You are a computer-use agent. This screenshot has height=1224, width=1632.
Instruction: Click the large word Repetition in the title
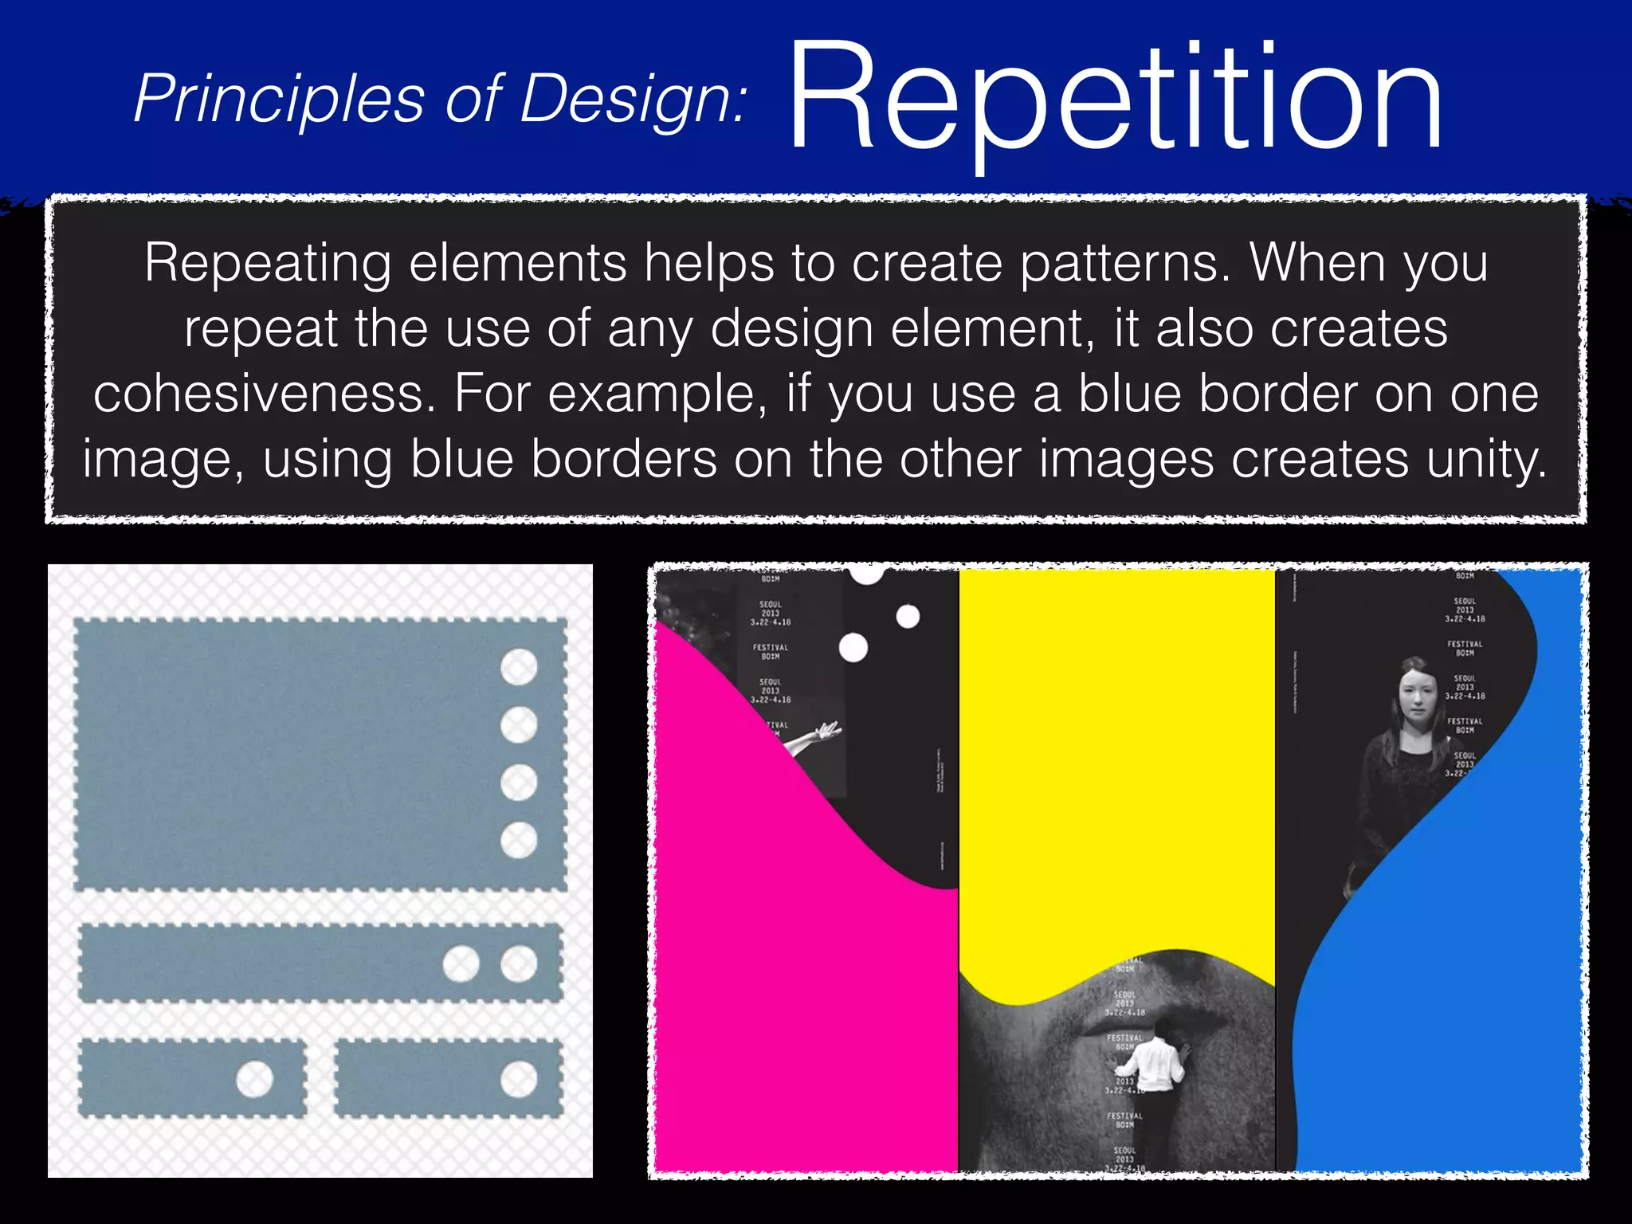[1116, 100]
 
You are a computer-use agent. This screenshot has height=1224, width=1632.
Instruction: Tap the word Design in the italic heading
[634, 100]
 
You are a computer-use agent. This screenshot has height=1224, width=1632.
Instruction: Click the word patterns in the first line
[1127, 263]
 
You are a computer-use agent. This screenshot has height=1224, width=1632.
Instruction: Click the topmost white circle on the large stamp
[519, 667]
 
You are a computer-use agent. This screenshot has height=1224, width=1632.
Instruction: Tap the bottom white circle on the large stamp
[519, 840]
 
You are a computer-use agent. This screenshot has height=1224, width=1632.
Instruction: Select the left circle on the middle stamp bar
[461, 963]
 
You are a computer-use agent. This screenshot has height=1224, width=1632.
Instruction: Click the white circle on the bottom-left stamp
[255, 1079]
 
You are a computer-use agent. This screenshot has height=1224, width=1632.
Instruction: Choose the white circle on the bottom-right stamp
[519, 1080]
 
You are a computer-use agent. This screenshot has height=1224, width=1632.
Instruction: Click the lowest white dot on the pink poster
[853, 648]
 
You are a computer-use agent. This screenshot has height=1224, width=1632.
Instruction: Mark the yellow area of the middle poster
[1116, 757]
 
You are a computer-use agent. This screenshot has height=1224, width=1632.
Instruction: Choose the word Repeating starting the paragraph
[268, 263]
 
